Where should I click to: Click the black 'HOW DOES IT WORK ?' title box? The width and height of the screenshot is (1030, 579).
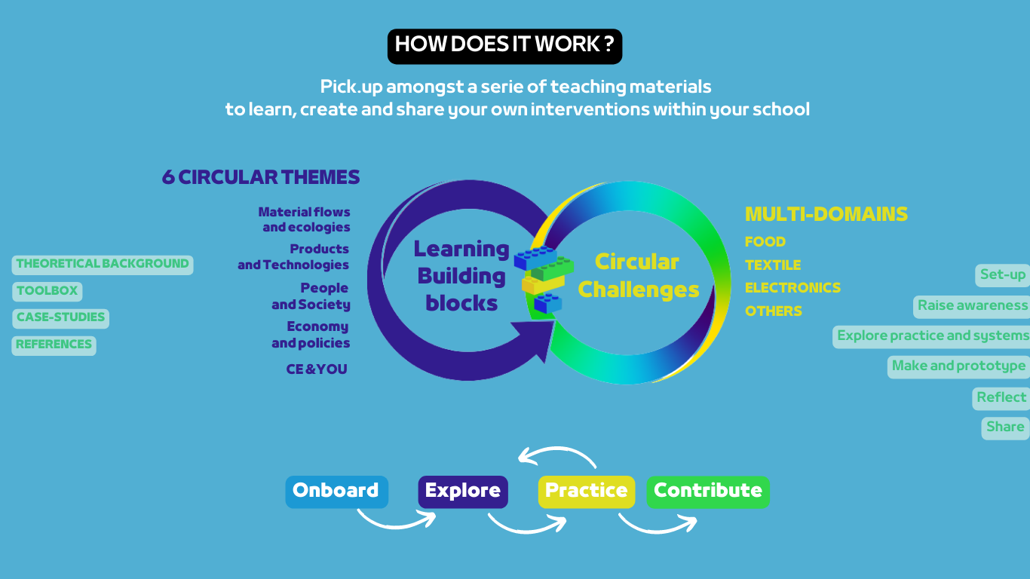coord(504,47)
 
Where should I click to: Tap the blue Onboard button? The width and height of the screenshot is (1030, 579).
coord(336,492)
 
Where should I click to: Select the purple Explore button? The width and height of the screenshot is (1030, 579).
coord(463,492)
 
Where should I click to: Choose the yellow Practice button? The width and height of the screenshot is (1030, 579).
coord(587,492)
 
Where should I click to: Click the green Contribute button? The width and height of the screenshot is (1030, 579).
coord(708,492)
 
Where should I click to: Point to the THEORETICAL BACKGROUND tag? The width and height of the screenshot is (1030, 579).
coord(103,265)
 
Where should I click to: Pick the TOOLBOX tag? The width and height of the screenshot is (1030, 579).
coord(48,292)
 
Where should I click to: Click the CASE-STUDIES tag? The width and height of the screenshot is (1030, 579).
coord(60,318)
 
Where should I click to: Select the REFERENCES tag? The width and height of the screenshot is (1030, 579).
coord(54,345)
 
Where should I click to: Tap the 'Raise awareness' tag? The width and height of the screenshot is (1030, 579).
coord(971,307)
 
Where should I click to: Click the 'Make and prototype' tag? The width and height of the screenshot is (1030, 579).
coord(958,367)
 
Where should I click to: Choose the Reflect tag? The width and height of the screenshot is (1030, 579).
coord(1001,398)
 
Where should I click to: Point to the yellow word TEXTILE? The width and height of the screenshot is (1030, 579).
coord(773,265)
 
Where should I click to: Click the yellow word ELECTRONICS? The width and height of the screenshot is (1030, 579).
coord(792,288)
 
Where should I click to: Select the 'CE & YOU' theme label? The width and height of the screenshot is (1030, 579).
coord(317,369)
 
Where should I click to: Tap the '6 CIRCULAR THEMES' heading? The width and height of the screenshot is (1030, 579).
coord(261,177)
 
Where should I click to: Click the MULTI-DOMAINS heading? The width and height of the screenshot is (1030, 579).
coord(826,214)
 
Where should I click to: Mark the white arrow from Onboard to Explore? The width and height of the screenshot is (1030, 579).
coord(397,525)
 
